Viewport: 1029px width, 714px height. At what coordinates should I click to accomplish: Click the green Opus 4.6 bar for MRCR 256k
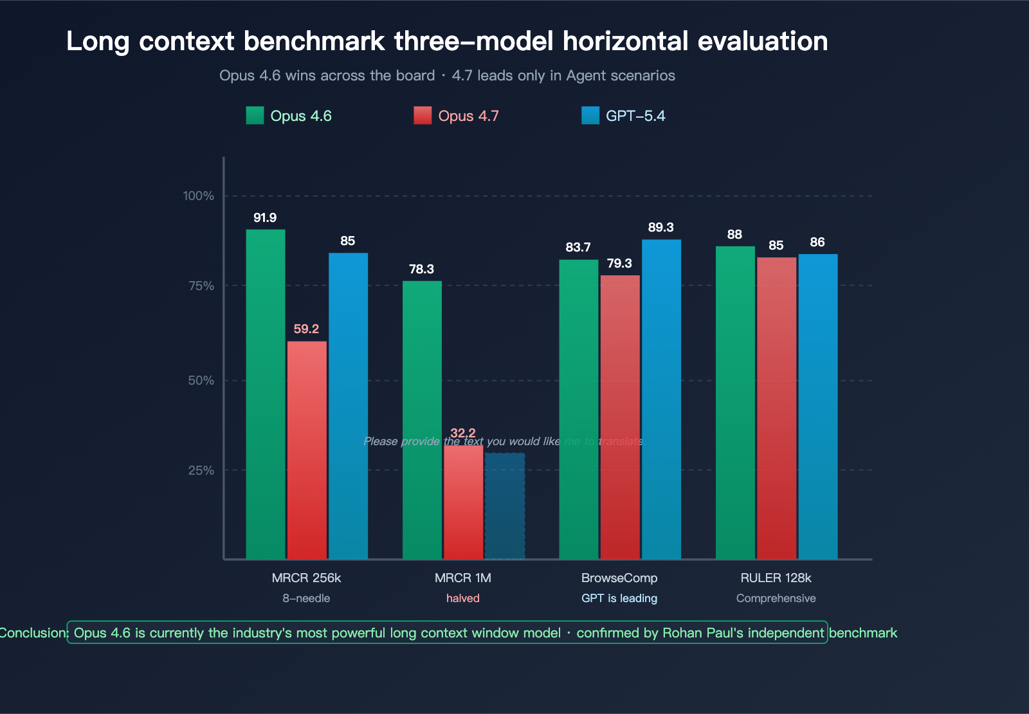point(266,394)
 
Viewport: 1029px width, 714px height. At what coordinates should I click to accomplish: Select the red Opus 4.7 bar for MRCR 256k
point(307,450)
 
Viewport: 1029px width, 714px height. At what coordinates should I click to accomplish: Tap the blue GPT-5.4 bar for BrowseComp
point(661,399)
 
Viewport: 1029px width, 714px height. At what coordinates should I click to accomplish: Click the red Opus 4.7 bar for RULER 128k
point(776,408)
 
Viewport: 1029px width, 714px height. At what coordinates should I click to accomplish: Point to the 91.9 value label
point(265,218)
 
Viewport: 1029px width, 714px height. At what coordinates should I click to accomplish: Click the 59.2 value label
point(306,329)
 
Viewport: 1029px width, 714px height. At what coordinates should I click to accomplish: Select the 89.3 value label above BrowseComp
point(661,228)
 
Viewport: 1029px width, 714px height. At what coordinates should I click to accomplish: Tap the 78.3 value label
point(421,270)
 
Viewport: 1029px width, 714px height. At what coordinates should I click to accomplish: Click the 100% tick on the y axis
point(199,196)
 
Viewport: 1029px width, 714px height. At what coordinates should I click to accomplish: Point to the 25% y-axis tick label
point(201,471)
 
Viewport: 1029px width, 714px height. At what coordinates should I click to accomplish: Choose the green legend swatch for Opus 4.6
point(255,116)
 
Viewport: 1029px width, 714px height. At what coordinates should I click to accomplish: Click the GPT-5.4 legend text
point(635,116)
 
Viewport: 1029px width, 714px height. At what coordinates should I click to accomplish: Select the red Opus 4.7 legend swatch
point(423,116)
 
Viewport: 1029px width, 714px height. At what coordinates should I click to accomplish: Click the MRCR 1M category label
point(463,578)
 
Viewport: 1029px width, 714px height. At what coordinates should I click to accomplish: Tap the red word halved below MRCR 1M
point(463,599)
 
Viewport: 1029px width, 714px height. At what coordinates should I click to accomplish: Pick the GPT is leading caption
point(619,599)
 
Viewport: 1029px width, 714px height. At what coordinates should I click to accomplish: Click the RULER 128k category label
point(776,578)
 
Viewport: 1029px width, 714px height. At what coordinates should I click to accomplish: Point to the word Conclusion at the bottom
point(32,633)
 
